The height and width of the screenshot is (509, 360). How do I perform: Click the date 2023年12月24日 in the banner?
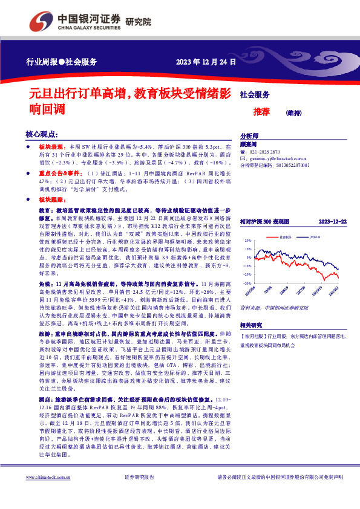click(x=203, y=62)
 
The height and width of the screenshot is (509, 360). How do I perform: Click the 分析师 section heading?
click(x=249, y=136)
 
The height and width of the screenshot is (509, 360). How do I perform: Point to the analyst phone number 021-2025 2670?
click(x=269, y=151)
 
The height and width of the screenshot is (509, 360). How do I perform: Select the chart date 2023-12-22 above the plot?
click(x=332, y=221)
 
